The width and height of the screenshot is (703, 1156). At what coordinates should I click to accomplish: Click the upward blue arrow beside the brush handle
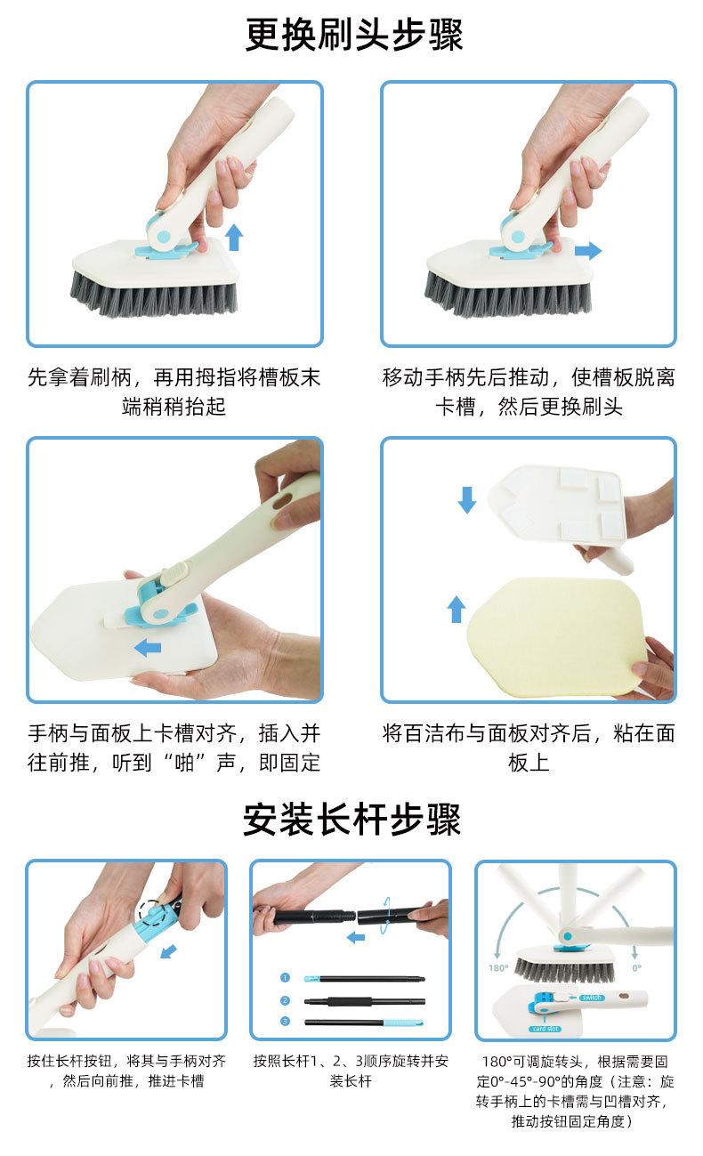pos(234,238)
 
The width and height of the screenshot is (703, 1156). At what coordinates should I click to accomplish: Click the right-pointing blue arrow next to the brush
pos(588,251)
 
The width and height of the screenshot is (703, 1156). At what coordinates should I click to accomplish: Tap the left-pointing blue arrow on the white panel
pos(148,647)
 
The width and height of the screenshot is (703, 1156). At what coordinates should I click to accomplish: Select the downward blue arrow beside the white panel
pos(467,499)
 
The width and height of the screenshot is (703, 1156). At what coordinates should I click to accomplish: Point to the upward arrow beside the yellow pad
pos(457,609)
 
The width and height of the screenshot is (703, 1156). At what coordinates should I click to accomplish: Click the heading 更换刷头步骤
pos(353,35)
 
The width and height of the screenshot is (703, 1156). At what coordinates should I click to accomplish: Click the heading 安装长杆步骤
pos(352,819)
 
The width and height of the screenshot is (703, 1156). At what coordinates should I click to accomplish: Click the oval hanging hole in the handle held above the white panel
pos(283,500)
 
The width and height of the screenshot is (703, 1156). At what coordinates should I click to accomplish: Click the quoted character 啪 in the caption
pos(184,763)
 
